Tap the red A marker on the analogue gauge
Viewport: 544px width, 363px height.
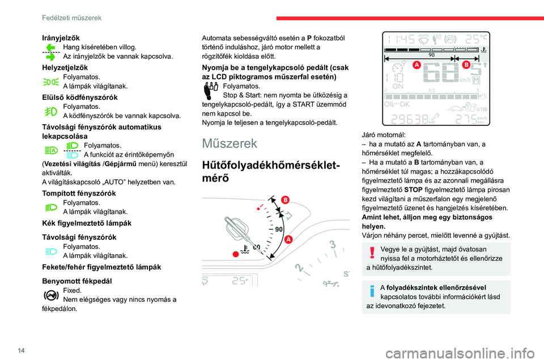(x=288, y=239)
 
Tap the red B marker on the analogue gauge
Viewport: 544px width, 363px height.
(x=285, y=200)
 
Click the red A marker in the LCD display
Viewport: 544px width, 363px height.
(x=416, y=66)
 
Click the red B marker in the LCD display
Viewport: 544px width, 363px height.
(x=466, y=66)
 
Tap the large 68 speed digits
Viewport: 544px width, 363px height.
(x=441, y=75)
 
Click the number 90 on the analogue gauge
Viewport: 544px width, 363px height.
(x=278, y=229)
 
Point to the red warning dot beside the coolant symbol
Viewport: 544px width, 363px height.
(x=233, y=252)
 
